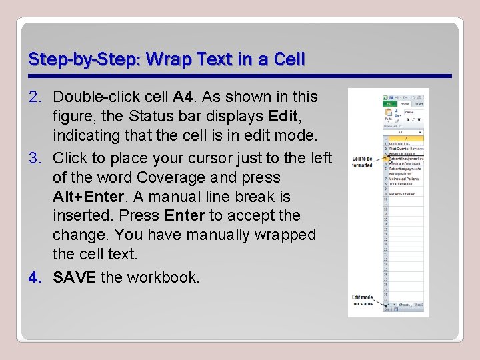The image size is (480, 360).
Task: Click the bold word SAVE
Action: pos(74,277)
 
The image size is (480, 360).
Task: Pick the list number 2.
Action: pos(36,97)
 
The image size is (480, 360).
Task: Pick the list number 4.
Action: pos(36,277)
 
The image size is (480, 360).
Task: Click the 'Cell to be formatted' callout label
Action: pos(362,161)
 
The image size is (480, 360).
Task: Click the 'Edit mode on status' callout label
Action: pos(363,300)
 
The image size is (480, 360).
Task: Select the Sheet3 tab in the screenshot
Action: pos(419,304)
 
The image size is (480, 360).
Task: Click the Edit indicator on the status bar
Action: pos(386,309)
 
